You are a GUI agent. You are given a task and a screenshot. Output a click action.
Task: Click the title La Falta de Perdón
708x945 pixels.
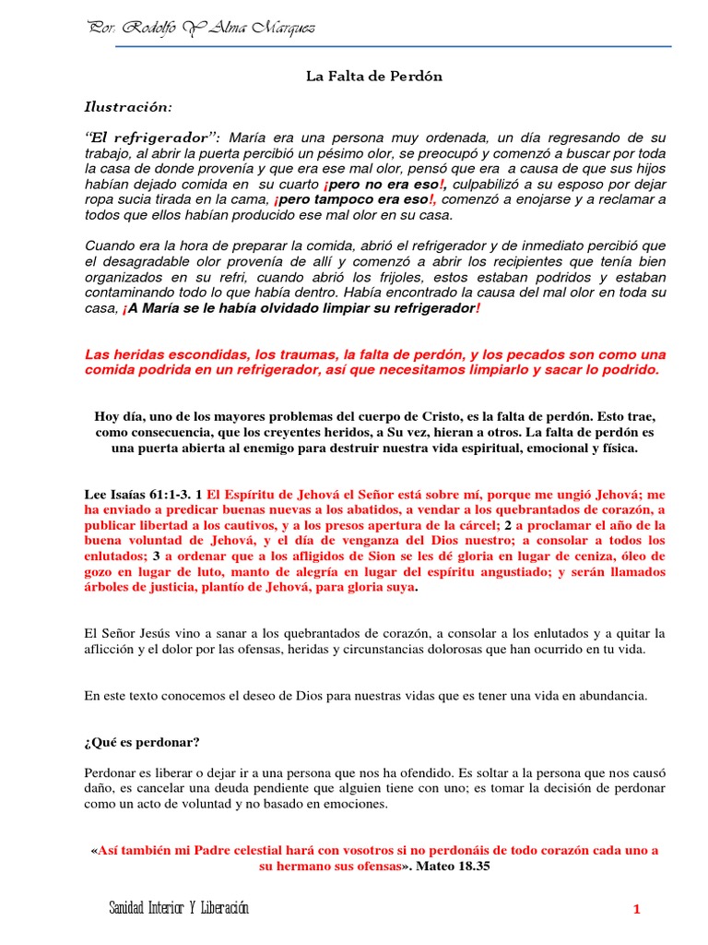coord(374,77)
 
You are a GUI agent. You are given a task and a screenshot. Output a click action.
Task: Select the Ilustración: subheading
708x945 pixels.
coord(128,108)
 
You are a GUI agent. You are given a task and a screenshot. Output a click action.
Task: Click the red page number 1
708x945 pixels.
coord(636,910)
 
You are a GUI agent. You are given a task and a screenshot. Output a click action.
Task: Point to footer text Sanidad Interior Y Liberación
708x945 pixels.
coord(179,909)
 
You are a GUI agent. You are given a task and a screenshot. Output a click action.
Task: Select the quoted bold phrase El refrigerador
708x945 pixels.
coord(153,137)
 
